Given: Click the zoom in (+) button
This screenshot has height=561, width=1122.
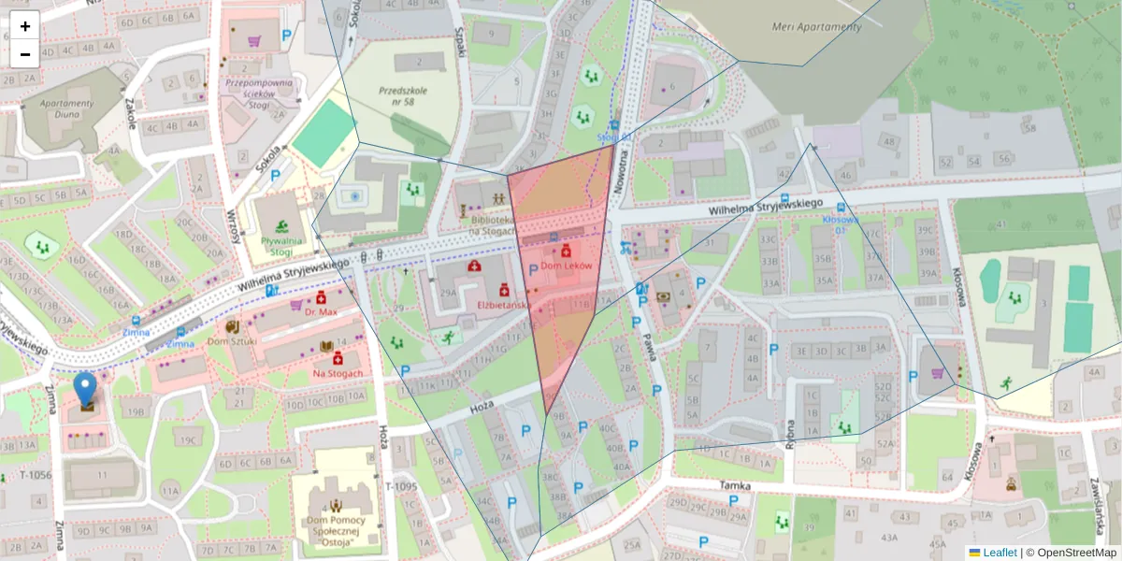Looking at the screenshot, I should click(x=25, y=26).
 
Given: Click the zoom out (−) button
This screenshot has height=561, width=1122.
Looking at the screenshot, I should click(x=25, y=54).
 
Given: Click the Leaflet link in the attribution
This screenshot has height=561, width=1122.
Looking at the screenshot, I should click(x=1000, y=553).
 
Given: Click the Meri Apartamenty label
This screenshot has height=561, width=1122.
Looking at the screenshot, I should click(x=816, y=27).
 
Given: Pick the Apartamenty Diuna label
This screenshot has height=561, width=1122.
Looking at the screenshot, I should click(x=63, y=109).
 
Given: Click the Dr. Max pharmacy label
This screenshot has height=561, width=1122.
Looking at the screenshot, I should click(x=320, y=311).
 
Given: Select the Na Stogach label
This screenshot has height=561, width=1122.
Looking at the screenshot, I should click(x=338, y=374).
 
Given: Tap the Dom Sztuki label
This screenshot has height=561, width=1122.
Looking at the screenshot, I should click(x=231, y=341).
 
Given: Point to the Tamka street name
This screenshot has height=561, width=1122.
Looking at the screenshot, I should click(x=737, y=485).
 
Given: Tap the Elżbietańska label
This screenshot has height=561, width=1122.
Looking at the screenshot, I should click(x=504, y=305).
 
